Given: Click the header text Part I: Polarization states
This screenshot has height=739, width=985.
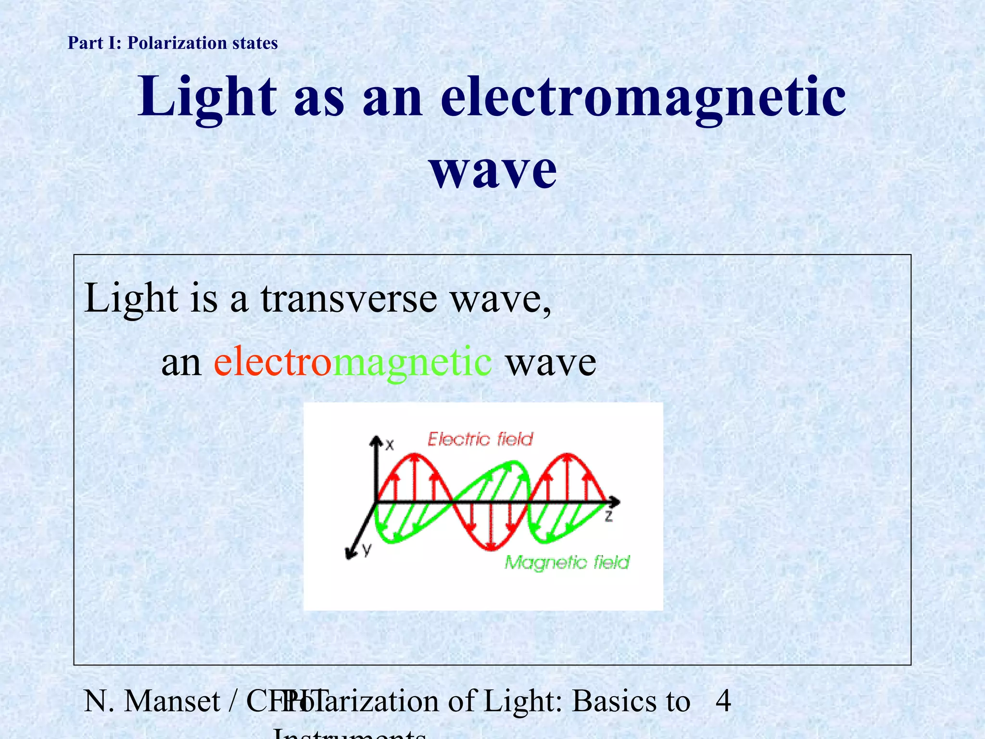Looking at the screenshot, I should (x=173, y=43).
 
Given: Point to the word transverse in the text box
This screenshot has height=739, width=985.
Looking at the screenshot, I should (x=349, y=298).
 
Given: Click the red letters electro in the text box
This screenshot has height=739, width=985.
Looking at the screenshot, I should (x=273, y=362).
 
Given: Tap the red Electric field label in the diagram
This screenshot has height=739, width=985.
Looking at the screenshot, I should (x=480, y=439).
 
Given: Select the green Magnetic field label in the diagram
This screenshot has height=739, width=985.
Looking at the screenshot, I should (x=567, y=562).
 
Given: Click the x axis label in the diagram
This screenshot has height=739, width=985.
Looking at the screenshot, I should (x=390, y=445).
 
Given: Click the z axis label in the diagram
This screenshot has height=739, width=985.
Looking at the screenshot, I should (x=608, y=516).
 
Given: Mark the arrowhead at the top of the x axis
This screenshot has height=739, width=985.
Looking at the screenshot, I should (x=376, y=440).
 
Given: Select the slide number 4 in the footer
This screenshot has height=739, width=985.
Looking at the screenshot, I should (x=723, y=701).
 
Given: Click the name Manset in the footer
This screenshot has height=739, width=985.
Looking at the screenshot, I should (x=172, y=701).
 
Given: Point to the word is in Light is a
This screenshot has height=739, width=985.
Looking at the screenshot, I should (x=204, y=298).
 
